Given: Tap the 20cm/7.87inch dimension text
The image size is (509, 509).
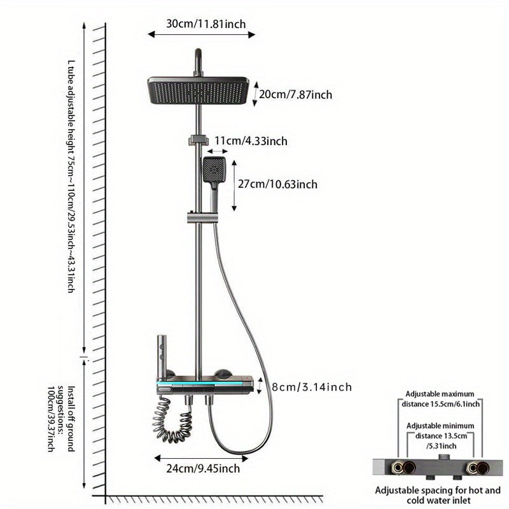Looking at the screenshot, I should click(295, 95).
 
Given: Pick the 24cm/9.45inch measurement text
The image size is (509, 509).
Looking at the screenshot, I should click(203, 470).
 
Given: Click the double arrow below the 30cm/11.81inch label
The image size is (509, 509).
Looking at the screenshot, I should click(201, 35).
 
